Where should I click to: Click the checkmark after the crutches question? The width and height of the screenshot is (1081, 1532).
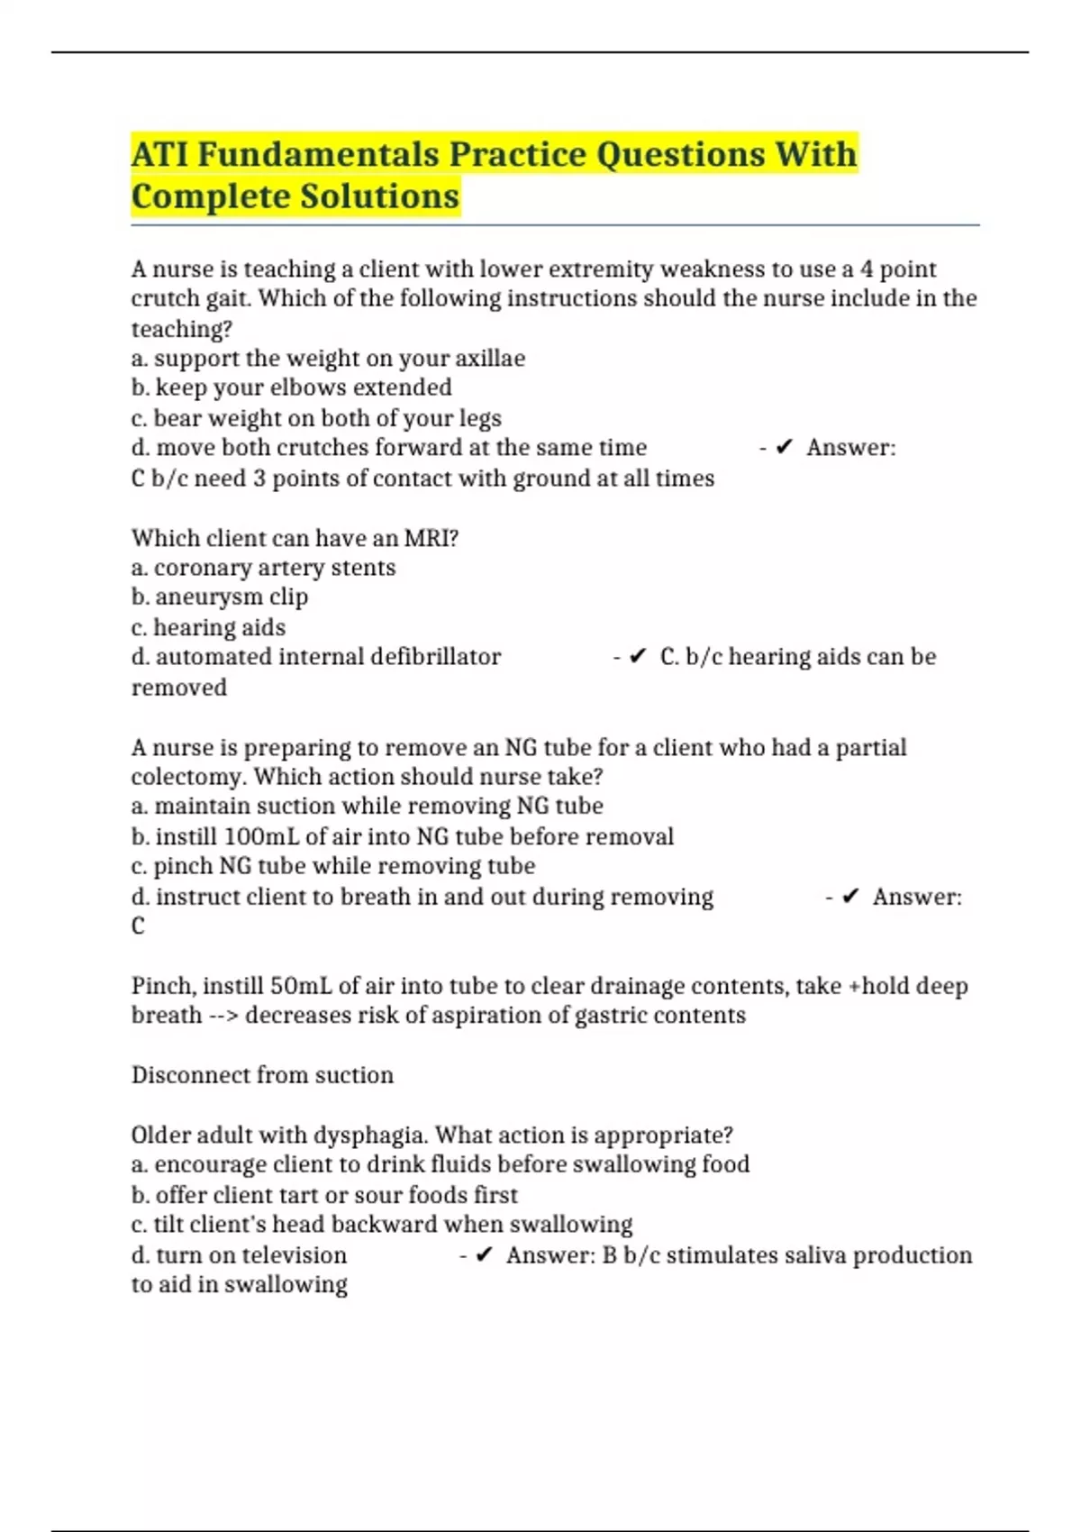click(x=784, y=448)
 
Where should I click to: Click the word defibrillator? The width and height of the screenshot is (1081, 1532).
click(x=415, y=657)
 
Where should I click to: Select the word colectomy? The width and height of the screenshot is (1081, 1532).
click(x=188, y=777)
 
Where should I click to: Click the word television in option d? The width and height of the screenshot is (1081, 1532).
click(x=294, y=1255)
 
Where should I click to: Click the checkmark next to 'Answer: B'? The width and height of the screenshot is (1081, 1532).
click(x=484, y=1255)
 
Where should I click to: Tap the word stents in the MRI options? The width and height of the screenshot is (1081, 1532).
click(x=364, y=568)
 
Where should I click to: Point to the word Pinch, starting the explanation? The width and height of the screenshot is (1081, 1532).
click(x=163, y=986)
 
